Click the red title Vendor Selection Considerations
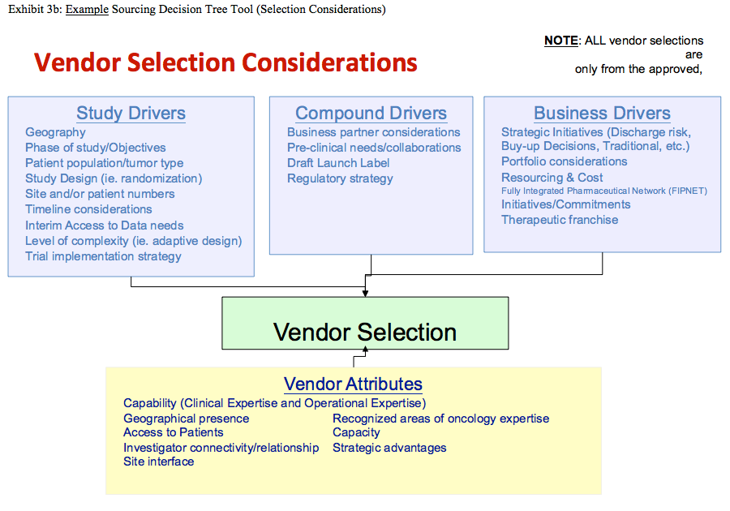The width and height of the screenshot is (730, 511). click(225, 62)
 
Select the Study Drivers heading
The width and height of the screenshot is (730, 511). click(131, 114)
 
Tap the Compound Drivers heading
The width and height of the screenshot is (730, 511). click(371, 114)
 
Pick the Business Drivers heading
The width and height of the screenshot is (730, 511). click(602, 114)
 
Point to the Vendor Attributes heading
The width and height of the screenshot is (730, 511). click(353, 384)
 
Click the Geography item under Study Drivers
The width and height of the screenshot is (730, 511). click(55, 132)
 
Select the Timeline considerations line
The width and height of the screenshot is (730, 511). click(88, 209)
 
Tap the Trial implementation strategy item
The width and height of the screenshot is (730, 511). click(103, 256)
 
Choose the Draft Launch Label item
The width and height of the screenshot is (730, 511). click(338, 163)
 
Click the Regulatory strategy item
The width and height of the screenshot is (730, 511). click(340, 178)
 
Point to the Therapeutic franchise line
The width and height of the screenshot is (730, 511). click(560, 220)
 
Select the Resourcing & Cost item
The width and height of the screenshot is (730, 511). click(552, 178)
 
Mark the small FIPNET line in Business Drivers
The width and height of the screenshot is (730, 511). click(604, 191)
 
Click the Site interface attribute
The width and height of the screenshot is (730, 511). click(159, 462)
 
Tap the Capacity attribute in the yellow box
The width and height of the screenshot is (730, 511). click(356, 432)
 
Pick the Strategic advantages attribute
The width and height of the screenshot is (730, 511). click(389, 448)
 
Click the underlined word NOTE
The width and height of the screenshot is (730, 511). click(561, 41)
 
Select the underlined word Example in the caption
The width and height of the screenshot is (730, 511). click(87, 10)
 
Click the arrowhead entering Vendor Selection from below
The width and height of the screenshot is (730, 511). click(366, 351)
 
